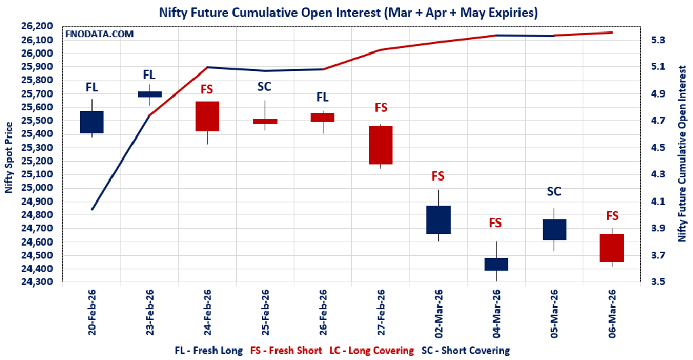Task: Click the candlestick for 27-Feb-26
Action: click(380, 145)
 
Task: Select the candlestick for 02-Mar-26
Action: click(438, 219)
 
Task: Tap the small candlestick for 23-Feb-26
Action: click(150, 94)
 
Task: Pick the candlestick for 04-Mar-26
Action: click(496, 264)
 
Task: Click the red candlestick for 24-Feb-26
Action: click(207, 116)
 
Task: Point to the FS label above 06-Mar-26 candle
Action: click(612, 216)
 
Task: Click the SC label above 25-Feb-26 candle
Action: click(265, 87)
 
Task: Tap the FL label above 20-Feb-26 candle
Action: click(91, 87)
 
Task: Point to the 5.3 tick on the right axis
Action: click(658, 40)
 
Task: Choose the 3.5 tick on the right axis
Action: click(658, 282)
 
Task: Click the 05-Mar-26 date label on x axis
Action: click(554, 313)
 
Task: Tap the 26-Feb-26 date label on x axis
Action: click(323, 313)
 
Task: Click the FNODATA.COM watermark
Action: click(99, 33)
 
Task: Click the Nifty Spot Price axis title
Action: click(9, 158)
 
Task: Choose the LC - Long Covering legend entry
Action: click(372, 350)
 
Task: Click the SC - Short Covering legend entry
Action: click(465, 350)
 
